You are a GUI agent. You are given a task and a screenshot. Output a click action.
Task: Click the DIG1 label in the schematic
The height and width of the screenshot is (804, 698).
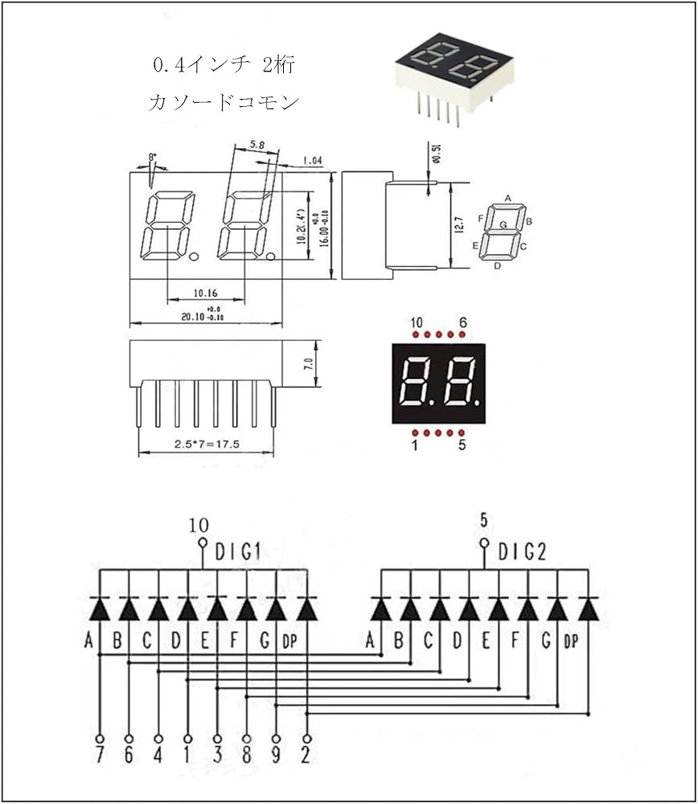[238, 552]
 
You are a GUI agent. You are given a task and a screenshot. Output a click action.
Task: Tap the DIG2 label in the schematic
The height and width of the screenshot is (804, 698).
[522, 552]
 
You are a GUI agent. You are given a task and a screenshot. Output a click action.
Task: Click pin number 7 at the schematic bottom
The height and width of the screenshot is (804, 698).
[99, 757]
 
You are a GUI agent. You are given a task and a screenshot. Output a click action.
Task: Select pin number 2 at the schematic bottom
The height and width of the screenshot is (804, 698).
[306, 757]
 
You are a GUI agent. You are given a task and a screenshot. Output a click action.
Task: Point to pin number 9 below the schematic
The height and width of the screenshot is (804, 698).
[277, 757]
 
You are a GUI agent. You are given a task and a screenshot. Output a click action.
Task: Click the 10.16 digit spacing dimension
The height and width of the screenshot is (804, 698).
[206, 294]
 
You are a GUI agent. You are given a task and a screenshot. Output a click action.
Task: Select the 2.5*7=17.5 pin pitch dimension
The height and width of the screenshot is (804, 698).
[205, 443]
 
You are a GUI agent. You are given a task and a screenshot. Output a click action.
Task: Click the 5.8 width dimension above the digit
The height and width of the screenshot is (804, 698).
[257, 145]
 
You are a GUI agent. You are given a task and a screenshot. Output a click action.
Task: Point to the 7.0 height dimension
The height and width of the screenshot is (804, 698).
[308, 364]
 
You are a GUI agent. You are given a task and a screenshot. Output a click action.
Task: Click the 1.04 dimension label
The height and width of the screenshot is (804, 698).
[312, 161]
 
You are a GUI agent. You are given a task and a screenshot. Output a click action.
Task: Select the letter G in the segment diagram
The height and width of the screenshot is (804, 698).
[503, 226]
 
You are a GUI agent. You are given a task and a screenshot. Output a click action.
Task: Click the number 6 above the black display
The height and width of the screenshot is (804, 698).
[463, 323]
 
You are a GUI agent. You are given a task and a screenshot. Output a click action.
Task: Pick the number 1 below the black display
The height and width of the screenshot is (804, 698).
[415, 445]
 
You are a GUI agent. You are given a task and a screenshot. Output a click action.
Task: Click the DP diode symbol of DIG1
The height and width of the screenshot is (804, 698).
[306, 609]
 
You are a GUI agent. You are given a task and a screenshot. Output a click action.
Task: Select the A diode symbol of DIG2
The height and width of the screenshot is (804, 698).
[380, 609]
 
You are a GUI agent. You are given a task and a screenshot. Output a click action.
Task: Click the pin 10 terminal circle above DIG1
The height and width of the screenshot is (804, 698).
[202, 543]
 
